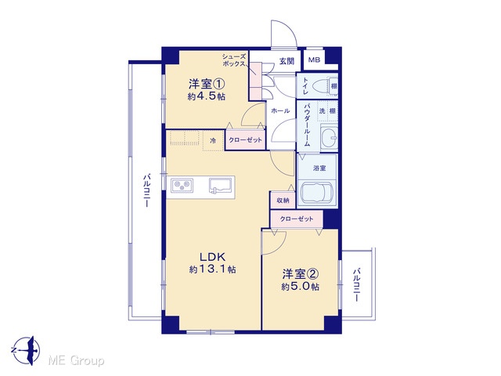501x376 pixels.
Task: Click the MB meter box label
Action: click(314, 60)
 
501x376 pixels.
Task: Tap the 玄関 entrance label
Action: click(287, 61)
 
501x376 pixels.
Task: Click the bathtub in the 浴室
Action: click(317, 193)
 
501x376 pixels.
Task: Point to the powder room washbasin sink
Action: click(329, 138)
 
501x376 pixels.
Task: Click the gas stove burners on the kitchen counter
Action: click(182, 186)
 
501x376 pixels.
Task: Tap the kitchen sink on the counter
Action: click(221, 186)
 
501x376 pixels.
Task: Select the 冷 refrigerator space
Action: click(213, 140)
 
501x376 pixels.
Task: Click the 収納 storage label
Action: click(283, 201)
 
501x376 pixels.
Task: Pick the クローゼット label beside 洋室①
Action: click(245, 139)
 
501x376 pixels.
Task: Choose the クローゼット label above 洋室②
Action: click(297, 219)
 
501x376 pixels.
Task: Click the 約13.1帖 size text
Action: click(212, 269)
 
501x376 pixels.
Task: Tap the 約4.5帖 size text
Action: click(206, 96)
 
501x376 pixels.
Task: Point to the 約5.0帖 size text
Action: click(300, 286)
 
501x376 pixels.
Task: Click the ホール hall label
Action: click(280, 111)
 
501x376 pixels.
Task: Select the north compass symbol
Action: click(27, 350)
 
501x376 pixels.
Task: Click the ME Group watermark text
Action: click(76, 361)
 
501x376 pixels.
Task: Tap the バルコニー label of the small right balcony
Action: click(357, 285)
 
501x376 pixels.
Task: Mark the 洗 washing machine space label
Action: click(322, 111)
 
